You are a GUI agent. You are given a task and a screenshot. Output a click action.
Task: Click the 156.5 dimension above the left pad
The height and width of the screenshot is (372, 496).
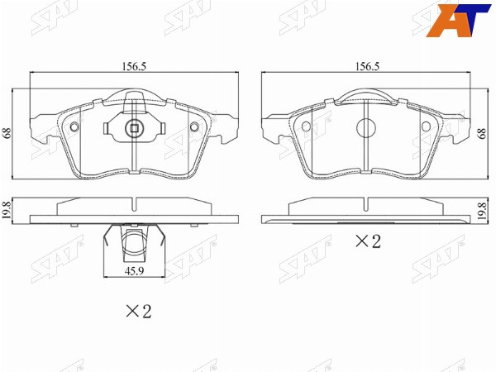point(134,66)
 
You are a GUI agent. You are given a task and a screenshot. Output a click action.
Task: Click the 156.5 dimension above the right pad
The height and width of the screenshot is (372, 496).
point(367,66)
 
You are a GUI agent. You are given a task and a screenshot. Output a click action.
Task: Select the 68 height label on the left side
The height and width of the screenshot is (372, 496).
point(7,132)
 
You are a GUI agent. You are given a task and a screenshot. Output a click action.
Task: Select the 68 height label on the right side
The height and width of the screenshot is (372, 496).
point(482,133)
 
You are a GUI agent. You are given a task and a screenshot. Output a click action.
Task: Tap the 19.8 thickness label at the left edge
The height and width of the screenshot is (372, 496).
point(7,211)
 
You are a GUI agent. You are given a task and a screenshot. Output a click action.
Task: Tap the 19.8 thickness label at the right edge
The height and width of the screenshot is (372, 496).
point(482,211)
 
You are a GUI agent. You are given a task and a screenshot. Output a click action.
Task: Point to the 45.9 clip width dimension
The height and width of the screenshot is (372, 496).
point(134,271)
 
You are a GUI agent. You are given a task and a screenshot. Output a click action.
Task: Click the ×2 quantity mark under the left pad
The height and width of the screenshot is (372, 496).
point(139,312)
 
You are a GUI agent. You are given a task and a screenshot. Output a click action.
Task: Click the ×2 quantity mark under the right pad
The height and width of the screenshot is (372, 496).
point(368,241)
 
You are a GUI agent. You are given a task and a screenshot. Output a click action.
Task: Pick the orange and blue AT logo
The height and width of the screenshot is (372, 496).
point(458,20)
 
